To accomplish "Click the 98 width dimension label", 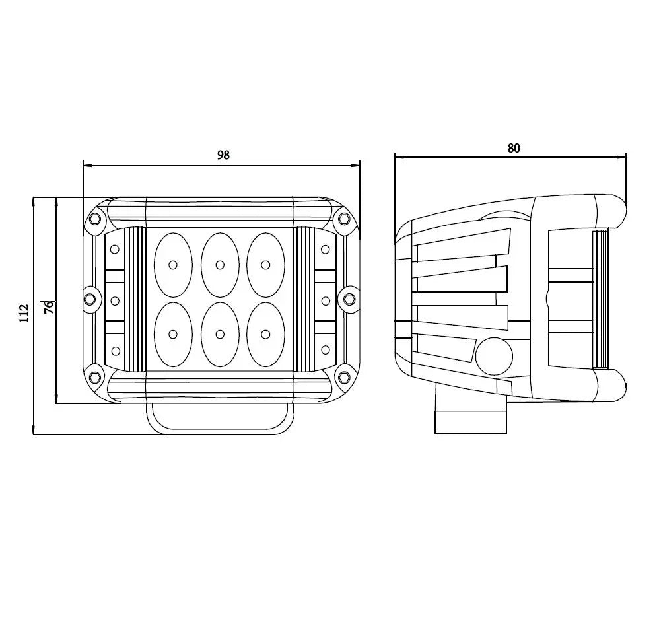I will point(223,155).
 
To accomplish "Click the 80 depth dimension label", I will point(514,148).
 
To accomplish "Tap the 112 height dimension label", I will point(24,312).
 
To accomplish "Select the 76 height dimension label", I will point(49,307).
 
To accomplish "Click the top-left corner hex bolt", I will point(94,219).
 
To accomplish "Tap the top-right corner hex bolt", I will point(343,219).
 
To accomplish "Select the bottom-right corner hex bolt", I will point(343,377).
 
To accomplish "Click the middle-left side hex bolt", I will point(90,300).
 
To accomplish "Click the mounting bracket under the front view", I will point(220,419).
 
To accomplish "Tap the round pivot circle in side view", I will point(494,357).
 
